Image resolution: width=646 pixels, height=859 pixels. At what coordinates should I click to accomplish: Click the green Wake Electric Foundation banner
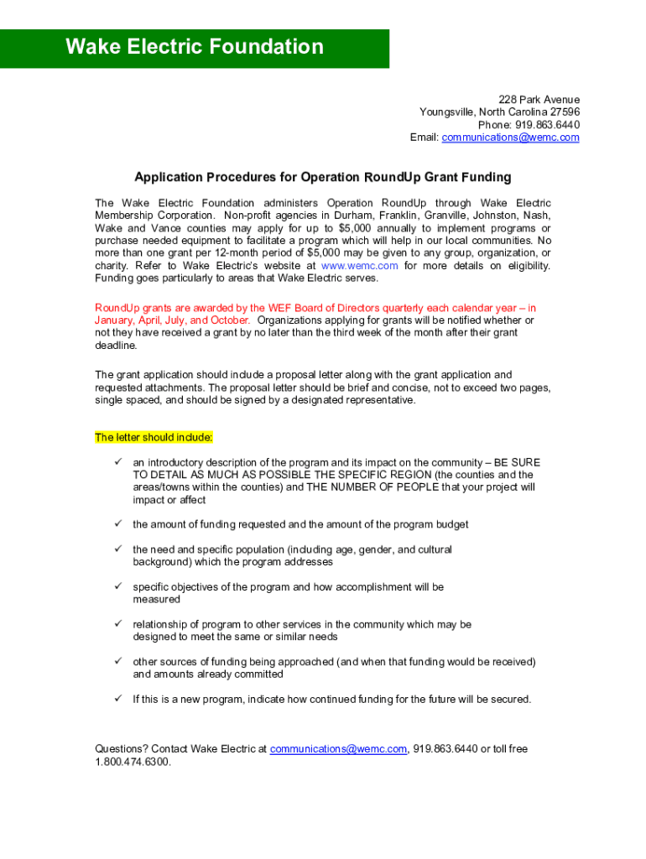tap(195, 48)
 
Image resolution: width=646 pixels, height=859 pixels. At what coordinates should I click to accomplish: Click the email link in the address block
tap(510, 138)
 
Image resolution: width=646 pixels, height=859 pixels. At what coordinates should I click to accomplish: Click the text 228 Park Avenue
tap(539, 100)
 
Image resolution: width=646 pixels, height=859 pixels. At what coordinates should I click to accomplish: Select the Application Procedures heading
tap(323, 178)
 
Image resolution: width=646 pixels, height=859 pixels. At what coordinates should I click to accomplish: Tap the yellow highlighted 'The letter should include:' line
tap(154, 438)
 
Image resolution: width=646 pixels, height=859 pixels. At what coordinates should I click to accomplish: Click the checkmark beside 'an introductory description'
tap(119, 462)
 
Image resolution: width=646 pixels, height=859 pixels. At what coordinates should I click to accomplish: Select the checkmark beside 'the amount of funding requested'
tap(119, 524)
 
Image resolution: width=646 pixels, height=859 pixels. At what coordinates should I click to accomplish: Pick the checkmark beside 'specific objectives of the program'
tap(119, 587)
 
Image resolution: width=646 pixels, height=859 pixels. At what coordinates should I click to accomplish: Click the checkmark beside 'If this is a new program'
tap(119, 699)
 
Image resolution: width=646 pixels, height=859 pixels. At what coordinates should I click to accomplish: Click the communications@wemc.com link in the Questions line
tap(338, 749)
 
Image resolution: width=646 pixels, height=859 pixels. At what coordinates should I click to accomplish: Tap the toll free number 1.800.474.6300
tap(133, 762)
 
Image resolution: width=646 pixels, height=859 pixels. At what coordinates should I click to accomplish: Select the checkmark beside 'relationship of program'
tap(119, 624)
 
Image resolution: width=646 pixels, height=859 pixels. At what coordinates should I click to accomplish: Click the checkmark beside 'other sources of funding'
tap(119, 662)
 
